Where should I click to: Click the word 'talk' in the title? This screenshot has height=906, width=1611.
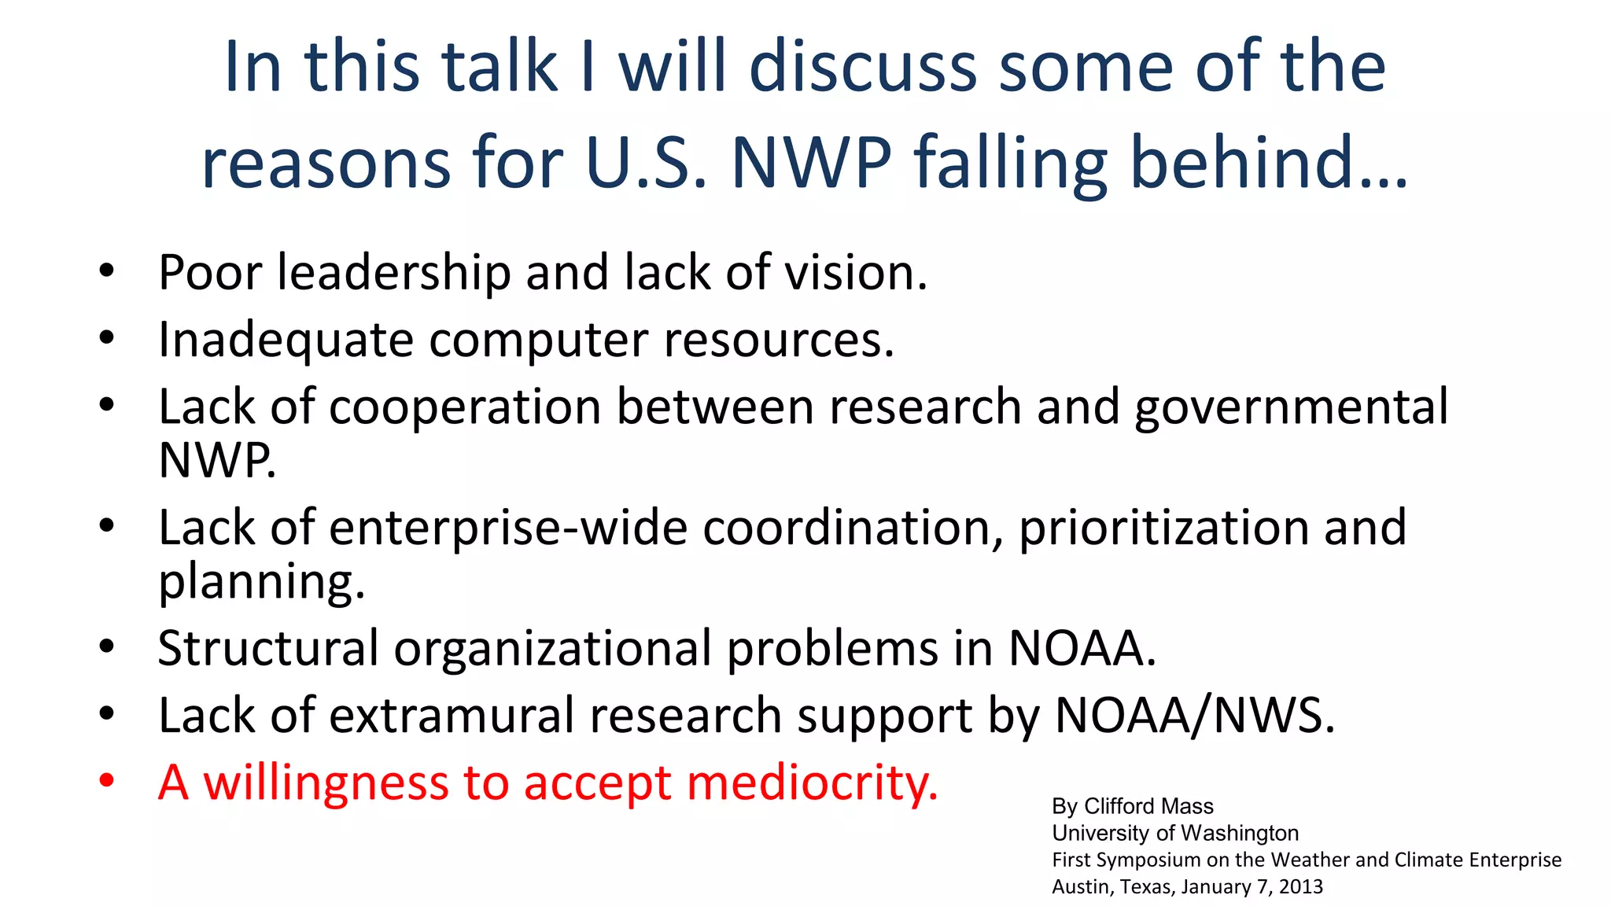(499, 68)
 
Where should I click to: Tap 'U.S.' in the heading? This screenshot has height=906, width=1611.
(647, 163)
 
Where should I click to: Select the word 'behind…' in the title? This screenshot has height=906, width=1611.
(1268, 163)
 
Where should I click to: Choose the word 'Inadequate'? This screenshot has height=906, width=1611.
(286, 340)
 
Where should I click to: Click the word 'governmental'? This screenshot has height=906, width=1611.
(1291, 407)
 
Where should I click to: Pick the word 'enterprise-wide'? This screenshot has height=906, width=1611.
(508, 528)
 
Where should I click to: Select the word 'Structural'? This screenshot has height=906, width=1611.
(268, 649)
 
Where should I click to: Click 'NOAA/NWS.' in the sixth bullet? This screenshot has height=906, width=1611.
(1194, 716)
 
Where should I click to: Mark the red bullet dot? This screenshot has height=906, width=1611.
(107, 782)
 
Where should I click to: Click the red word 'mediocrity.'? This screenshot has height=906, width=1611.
(812, 783)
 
